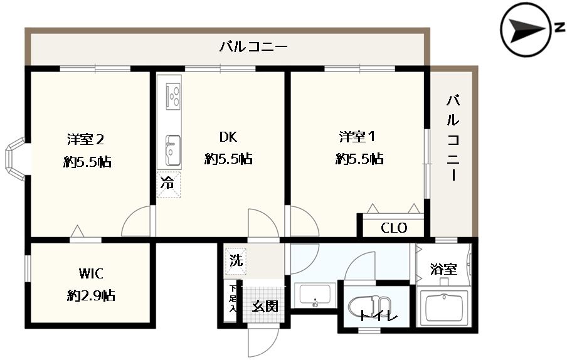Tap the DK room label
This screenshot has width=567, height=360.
[x=228, y=137]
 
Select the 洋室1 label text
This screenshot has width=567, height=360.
[x=358, y=137]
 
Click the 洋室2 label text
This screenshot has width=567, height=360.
[x=86, y=139]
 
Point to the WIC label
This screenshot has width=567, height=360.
[x=91, y=273]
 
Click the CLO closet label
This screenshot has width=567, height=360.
[x=394, y=228]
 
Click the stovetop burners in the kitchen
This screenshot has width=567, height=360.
[x=173, y=97]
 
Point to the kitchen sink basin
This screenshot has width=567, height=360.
[x=172, y=151]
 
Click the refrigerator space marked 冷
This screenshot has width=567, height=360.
[x=168, y=184]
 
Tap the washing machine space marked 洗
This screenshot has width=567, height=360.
[x=235, y=261]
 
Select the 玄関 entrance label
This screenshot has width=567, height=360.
[x=265, y=306]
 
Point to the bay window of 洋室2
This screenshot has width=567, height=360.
[x=15, y=159]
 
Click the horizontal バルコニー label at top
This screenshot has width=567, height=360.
[x=253, y=46]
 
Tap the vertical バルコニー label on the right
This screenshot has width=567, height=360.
[x=453, y=137]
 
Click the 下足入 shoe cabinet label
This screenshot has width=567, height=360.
[x=233, y=299]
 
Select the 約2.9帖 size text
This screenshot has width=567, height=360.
[x=91, y=296]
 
